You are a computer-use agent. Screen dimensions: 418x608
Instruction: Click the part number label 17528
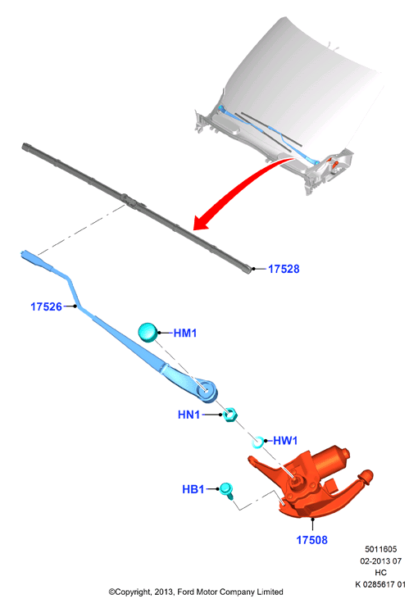[x=284, y=269]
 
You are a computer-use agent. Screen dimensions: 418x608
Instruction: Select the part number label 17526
[x=46, y=306]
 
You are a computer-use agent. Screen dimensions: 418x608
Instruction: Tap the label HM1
[x=185, y=333]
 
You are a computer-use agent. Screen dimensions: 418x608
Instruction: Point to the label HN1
[x=189, y=415]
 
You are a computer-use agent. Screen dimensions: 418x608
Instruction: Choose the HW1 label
[x=285, y=441]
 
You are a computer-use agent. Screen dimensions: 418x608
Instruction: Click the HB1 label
[x=193, y=489]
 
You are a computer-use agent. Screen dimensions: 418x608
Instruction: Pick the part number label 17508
[x=311, y=540]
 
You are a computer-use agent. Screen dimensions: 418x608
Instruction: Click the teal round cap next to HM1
[x=148, y=333]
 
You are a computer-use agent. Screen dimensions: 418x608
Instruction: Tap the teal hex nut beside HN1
[x=230, y=415]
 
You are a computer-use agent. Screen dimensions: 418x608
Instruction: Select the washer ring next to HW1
[x=258, y=442]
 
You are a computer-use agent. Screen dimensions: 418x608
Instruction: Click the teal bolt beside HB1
[x=227, y=491]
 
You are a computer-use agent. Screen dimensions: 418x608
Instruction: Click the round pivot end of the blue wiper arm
[x=207, y=390]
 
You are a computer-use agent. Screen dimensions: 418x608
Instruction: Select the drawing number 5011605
[x=381, y=549]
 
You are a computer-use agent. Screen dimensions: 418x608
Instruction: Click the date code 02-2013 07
[x=381, y=560]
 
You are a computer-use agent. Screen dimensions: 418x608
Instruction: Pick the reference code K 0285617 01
[x=380, y=584]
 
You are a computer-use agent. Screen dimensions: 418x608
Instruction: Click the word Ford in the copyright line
[x=186, y=592]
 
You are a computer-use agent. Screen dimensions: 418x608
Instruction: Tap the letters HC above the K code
[x=381, y=572]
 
